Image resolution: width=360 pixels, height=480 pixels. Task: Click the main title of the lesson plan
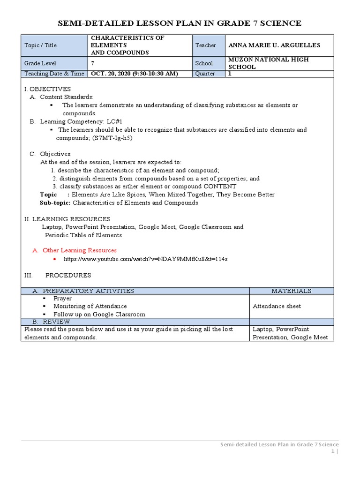click(179, 23)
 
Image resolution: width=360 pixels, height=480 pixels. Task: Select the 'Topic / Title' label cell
click(41, 45)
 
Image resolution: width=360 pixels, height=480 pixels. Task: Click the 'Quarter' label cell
click(205, 74)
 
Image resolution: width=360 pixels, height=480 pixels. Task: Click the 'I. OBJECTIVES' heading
click(47, 89)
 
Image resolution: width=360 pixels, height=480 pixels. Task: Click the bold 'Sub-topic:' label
click(55, 203)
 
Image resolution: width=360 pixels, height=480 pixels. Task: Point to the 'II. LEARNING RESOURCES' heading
click(67, 219)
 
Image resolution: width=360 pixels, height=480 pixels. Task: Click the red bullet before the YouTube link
click(55, 259)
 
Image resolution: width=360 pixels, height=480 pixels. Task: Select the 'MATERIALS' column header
click(291, 291)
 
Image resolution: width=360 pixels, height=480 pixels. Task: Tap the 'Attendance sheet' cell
click(277, 306)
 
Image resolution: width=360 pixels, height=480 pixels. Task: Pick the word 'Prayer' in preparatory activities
click(62, 299)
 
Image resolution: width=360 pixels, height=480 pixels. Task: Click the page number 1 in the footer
click(332, 451)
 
